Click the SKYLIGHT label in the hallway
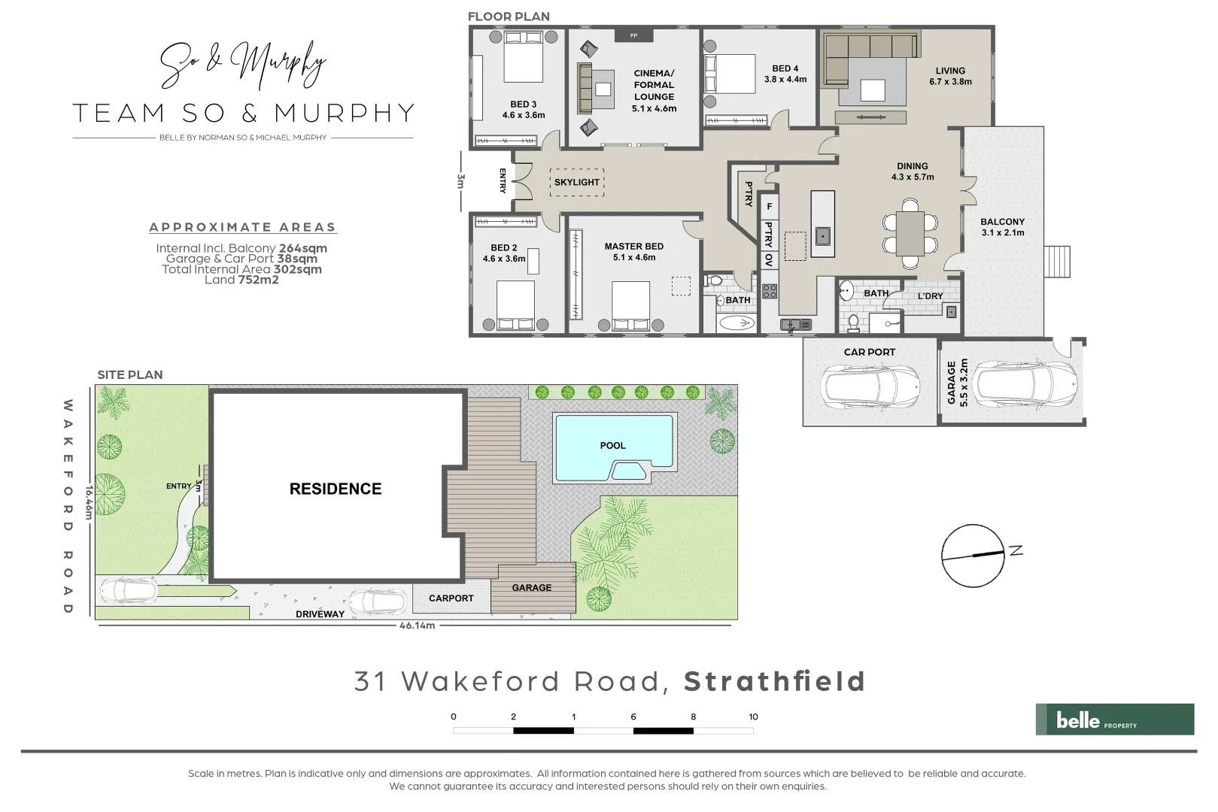[x=577, y=182]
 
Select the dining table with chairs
[x=910, y=234]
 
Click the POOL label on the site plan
[x=612, y=446]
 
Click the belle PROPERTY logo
[x=1114, y=720]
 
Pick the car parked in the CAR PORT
[x=870, y=387]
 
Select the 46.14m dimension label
[x=417, y=626]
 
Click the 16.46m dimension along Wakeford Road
[x=89, y=501]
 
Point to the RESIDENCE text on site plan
[x=336, y=489]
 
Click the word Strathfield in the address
[x=774, y=681]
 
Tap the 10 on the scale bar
[x=753, y=717]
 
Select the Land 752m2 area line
[x=241, y=280]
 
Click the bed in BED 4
[x=730, y=74]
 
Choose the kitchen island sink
[x=823, y=236]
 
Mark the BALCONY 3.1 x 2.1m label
[x=1002, y=227]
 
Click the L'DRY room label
[x=930, y=296]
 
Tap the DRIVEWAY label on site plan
[x=320, y=614]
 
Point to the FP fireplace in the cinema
[x=633, y=35]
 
